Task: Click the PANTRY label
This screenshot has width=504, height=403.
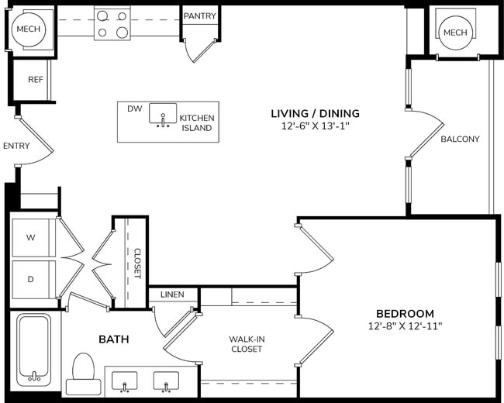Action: click(x=200, y=15)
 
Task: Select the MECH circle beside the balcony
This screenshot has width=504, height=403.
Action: click(x=455, y=33)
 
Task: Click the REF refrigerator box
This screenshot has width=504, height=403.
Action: click(x=35, y=80)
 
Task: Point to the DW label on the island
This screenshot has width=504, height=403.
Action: click(x=134, y=108)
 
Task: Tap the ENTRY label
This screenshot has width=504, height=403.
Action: click(x=16, y=146)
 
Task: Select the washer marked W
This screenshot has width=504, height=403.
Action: click(x=33, y=238)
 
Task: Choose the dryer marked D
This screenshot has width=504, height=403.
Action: click(x=33, y=279)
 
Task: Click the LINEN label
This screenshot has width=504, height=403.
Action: click(x=172, y=294)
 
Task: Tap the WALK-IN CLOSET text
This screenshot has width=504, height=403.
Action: click(x=246, y=343)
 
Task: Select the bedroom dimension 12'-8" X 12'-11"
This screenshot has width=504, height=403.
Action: click(x=405, y=326)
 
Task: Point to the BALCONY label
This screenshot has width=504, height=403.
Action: click(x=460, y=139)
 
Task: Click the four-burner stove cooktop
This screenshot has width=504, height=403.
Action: click(x=112, y=22)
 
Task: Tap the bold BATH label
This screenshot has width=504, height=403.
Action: click(x=113, y=339)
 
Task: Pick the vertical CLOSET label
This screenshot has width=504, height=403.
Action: click(x=137, y=263)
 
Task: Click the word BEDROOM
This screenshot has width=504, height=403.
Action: click(x=405, y=312)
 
